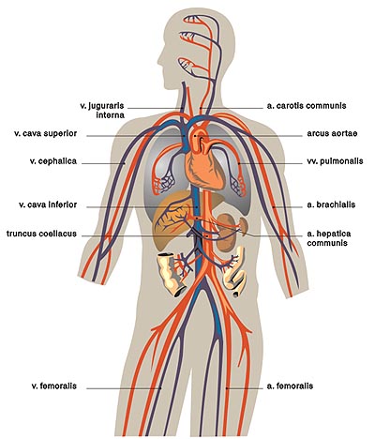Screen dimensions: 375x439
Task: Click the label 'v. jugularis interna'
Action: click(102, 111)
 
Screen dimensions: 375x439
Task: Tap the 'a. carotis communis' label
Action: click(307, 106)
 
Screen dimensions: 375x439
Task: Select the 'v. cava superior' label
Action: click(45, 133)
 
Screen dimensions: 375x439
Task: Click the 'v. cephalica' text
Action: click(53, 161)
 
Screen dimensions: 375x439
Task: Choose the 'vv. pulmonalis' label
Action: click(335, 161)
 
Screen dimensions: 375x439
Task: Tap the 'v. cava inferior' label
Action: click(48, 204)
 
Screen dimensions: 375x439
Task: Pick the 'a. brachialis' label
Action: click(331, 204)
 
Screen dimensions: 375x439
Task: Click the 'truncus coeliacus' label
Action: click(41, 234)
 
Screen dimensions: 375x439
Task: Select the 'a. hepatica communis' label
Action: click(329, 238)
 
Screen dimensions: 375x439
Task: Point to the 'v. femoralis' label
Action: click(54, 386)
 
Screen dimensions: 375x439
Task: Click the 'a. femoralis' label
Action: click(290, 386)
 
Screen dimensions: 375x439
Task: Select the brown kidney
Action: click(227, 233)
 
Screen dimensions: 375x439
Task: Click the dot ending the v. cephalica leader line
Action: click(124, 163)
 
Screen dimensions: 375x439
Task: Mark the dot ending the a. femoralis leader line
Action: click(227, 388)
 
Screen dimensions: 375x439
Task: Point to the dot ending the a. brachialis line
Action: click(274, 206)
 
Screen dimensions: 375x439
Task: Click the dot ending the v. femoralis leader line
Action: click(161, 388)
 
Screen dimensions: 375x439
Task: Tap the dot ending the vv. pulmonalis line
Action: click(239, 163)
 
